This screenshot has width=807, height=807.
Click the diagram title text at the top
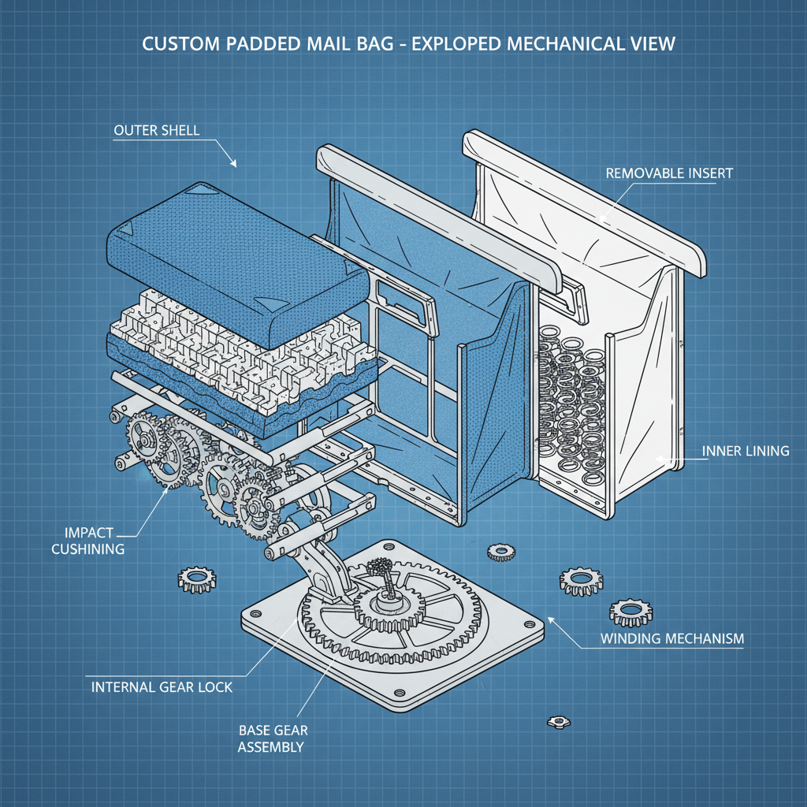tap(408, 43)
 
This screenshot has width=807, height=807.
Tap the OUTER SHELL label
tap(157, 130)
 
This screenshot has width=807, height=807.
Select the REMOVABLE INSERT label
tap(669, 173)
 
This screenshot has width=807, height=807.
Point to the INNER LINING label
tap(745, 452)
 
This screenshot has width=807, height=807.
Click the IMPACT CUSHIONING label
tap(87, 541)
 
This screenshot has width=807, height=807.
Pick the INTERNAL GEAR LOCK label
tap(162, 687)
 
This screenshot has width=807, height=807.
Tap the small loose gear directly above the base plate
tap(500, 552)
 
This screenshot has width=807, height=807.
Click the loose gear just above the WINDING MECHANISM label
tap(630, 612)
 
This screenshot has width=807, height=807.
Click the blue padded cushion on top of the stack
tap(236, 260)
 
